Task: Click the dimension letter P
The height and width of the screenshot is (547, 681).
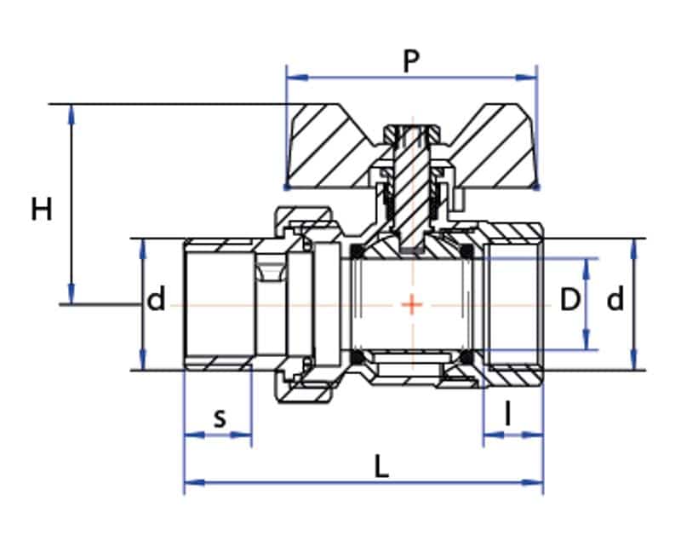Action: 411,61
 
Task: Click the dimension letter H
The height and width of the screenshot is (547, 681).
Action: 42,209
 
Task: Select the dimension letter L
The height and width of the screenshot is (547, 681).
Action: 381,468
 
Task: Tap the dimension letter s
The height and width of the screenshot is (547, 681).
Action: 220,418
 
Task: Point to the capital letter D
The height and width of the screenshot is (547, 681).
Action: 569,300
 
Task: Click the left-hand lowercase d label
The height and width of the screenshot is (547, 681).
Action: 157,299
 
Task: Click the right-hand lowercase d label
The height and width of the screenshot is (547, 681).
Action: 615,299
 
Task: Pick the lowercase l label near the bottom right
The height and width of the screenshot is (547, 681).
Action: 507,413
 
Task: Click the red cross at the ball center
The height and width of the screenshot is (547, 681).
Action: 412,304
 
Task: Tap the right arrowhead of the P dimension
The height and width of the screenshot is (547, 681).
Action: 526,78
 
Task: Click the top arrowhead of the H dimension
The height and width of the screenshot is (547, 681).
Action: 72,115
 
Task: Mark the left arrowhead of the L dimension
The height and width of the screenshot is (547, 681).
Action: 195,482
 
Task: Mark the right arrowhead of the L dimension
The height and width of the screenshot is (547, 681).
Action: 533,482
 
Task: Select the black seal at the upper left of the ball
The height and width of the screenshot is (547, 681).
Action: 357,250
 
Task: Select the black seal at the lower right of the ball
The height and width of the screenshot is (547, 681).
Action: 466,357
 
